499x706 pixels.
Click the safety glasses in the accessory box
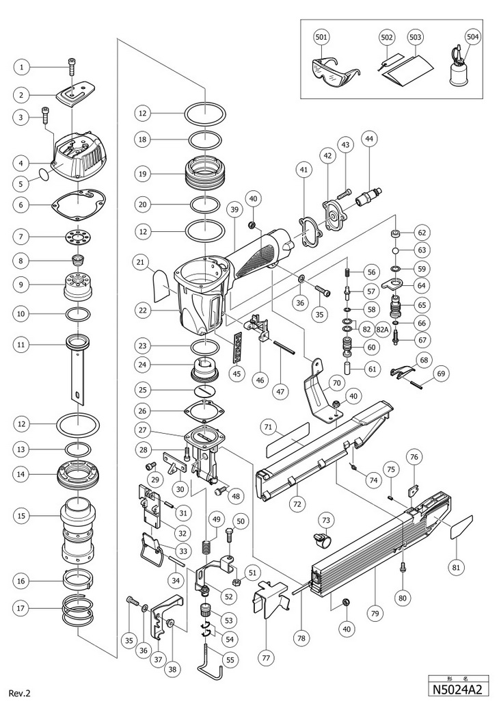(331, 70)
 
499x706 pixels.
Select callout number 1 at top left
(23, 67)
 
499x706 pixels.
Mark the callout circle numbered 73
(326, 521)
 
